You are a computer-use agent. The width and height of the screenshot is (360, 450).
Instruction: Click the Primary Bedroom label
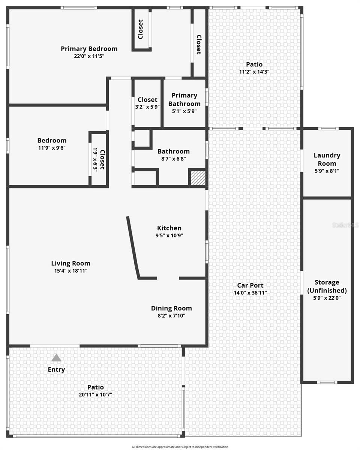[x=89, y=49]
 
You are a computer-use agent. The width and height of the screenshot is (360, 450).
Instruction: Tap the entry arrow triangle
[x=56, y=358]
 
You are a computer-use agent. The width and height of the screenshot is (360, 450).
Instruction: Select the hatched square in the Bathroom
[x=197, y=178]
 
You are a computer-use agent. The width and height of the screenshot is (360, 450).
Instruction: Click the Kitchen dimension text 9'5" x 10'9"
[x=169, y=235]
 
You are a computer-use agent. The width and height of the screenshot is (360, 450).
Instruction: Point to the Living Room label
[x=70, y=263]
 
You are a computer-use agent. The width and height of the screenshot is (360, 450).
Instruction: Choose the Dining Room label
[x=171, y=308]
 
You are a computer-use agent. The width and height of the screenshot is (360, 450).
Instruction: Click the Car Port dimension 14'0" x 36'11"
[x=250, y=293]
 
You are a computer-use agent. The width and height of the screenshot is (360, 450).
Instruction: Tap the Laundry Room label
[x=327, y=159]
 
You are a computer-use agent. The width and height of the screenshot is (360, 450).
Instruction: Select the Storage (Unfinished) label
[x=327, y=286]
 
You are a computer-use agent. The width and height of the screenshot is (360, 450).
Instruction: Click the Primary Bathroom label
[x=184, y=99]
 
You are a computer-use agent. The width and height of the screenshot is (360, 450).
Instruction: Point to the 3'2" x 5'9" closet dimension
[x=147, y=107]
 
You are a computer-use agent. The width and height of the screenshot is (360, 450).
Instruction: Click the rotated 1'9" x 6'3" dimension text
[x=95, y=159]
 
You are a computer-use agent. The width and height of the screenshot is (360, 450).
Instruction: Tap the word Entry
[x=56, y=370]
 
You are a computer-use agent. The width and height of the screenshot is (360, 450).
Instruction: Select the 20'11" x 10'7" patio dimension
[x=95, y=394]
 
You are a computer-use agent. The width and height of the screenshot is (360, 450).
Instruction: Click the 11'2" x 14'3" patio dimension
[x=254, y=72]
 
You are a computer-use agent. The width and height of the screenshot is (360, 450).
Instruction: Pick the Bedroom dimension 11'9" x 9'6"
[x=52, y=148]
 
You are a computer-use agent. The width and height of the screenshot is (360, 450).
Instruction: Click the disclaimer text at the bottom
[x=180, y=447]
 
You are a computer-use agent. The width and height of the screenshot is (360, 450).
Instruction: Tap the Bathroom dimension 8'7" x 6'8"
[x=173, y=159]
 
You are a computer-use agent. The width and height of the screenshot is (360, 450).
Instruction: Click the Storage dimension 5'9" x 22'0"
[x=327, y=298]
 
